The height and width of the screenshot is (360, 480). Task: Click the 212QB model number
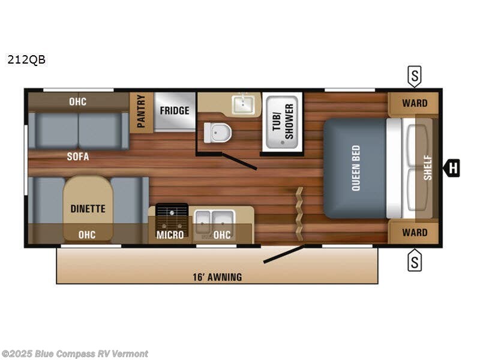coord(26,59)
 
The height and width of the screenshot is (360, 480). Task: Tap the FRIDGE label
coord(175,110)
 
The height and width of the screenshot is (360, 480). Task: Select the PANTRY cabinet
coord(142,112)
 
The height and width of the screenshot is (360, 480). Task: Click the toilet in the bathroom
coord(217,133)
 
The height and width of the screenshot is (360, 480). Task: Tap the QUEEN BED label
coord(355,168)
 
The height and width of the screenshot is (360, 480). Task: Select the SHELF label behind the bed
coord(427,167)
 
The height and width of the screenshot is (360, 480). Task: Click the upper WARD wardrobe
coord(415,103)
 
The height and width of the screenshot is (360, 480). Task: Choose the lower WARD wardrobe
coord(415,232)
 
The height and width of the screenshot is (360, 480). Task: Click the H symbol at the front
coord(452,169)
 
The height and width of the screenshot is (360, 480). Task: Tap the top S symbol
coord(415,76)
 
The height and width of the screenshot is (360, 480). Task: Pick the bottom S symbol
coord(415,261)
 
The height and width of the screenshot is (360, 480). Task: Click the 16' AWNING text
coord(218,277)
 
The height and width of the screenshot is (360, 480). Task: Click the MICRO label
coord(170,235)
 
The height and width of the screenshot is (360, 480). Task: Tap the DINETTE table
coord(88,208)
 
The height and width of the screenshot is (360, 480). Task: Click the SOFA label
coord(78,157)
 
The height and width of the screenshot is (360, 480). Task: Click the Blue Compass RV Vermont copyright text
coord(75,354)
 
